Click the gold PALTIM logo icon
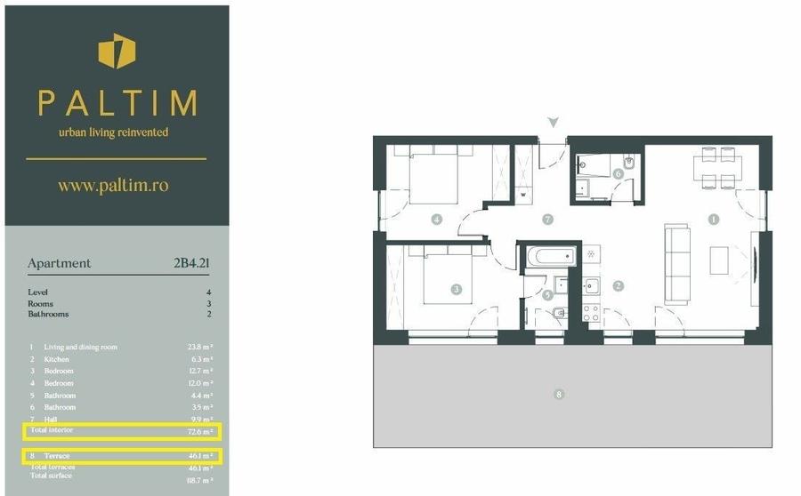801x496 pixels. (117, 51)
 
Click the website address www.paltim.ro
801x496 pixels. (113, 186)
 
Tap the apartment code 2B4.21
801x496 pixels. (192, 263)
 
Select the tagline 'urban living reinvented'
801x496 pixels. (113, 132)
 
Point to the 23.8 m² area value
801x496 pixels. (202, 347)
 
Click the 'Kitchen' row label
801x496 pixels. (56, 359)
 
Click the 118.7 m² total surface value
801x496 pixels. (202, 479)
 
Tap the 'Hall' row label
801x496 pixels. (51, 419)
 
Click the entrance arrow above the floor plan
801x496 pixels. (554, 122)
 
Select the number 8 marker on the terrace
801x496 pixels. (559, 394)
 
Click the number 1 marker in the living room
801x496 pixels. (713, 218)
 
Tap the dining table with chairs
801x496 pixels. (718, 168)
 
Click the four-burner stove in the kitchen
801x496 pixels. (591, 312)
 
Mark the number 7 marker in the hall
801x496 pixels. (548, 218)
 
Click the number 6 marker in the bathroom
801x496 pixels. (618, 174)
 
